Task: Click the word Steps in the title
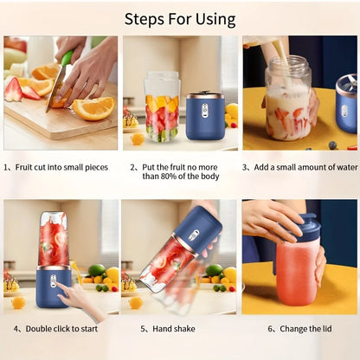148,18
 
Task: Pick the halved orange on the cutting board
93,107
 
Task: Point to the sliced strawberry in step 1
15,89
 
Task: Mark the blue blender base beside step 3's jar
346,104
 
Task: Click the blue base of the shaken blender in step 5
201,230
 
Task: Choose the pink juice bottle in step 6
296,273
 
